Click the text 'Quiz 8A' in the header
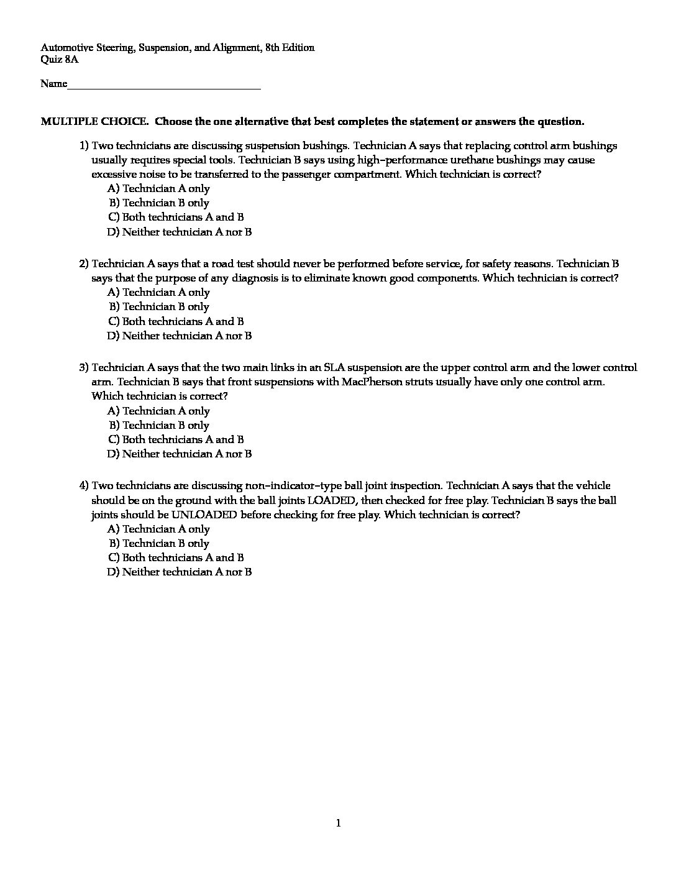tap(60, 60)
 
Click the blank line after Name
tap(164, 86)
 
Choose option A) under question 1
tap(158, 188)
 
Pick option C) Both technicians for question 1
tap(176, 217)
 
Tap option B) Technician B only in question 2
tap(159, 306)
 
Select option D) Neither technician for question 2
tap(180, 336)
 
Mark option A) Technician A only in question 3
tap(158, 411)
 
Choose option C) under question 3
tap(176, 439)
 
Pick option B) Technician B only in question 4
tap(159, 543)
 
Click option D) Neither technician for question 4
tap(180, 572)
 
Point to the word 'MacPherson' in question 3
tap(371, 382)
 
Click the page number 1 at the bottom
tap(338, 823)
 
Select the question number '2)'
tap(84, 263)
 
